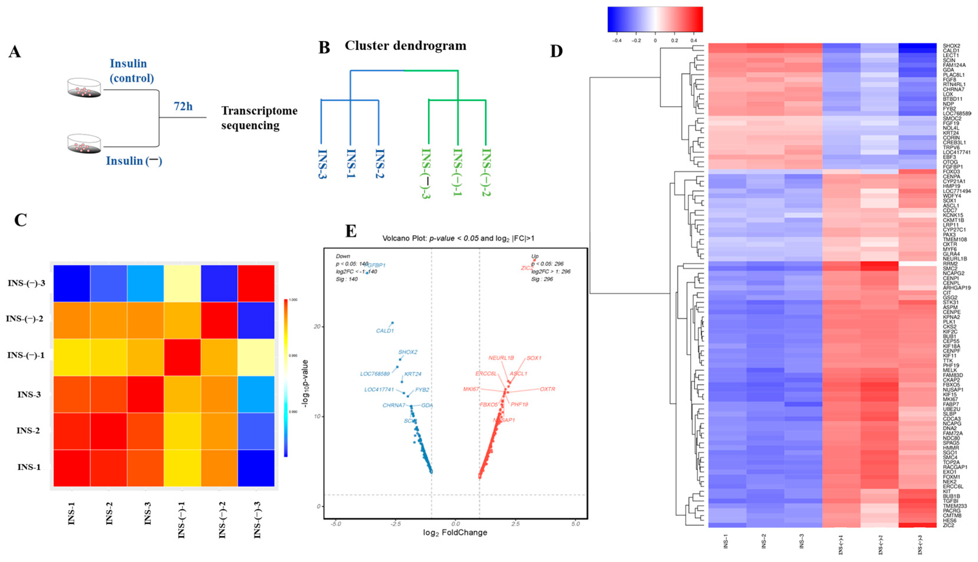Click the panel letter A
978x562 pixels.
(15, 52)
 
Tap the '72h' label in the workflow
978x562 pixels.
(183, 106)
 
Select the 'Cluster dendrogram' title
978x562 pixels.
(405, 45)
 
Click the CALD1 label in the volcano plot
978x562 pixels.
(384, 331)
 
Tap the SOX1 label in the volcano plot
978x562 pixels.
(534, 358)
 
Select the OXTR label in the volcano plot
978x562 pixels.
(548, 389)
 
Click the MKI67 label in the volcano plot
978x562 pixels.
(471, 389)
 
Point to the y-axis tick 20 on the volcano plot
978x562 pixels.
(317, 327)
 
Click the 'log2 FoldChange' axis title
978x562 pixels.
(455, 533)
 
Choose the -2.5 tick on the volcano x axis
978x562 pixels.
(395, 524)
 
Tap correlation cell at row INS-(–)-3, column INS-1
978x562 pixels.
(72, 283)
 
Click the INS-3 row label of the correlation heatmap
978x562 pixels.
(29, 395)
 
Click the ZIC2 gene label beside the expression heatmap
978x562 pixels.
(948, 525)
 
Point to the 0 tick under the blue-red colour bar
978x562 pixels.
(655, 40)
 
